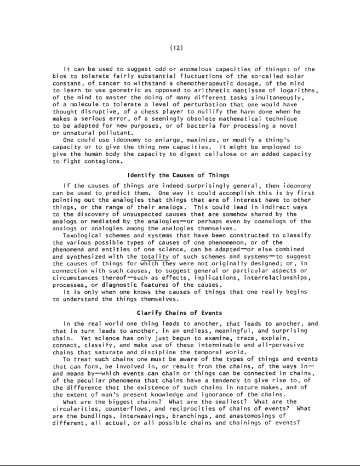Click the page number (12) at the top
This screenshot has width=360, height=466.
[x=176, y=48]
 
